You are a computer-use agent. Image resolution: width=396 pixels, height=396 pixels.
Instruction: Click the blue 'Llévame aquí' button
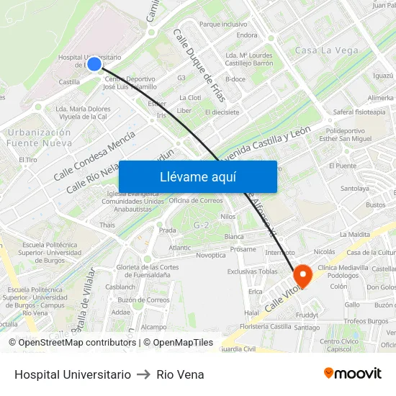coord(197,176)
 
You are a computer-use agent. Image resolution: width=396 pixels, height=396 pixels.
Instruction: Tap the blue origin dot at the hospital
coord(94,63)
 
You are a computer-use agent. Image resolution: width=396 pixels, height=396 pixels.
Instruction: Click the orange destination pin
coord(302,274)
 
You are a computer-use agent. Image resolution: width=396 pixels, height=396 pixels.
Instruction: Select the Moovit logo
coord(352,374)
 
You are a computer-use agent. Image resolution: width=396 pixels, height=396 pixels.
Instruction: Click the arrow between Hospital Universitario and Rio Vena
coord(143,374)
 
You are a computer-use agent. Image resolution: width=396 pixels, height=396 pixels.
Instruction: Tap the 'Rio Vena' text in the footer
coord(180,374)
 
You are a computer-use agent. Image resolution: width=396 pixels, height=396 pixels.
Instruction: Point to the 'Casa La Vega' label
coord(327,50)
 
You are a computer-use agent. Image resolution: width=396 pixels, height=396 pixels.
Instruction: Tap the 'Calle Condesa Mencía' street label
coord(94,156)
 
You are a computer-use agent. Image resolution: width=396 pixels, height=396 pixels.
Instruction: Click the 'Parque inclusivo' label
coord(223,24)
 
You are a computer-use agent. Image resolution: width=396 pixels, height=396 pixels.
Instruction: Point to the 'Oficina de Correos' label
coord(196,200)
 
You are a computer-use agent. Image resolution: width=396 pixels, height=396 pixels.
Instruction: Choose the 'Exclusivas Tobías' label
coord(252,271)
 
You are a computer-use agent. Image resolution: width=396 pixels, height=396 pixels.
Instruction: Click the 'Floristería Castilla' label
coord(266,326)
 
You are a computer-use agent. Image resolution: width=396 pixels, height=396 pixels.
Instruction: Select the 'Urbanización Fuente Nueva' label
coord(40,138)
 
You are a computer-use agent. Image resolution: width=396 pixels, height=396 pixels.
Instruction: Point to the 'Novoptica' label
coord(210,255)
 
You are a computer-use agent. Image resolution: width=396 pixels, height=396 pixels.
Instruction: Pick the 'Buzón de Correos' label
coord(143,300)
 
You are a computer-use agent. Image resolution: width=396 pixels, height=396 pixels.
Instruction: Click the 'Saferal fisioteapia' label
coord(359,112)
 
